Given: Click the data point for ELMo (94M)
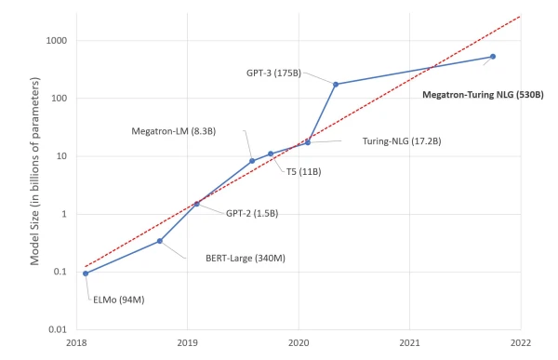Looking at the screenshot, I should [x=86, y=273].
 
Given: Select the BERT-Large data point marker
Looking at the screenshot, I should [x=160, y=241].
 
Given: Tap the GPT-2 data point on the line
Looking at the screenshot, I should [x=196, y=203].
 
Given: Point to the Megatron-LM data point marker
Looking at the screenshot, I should [x=252, y=161].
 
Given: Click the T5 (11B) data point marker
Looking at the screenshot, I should [x=271, y=153].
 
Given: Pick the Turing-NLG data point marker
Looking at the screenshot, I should [x=308, y=142].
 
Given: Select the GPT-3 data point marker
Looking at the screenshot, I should [x=336, y=84].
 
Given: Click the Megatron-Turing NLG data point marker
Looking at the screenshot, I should [x=493, y=57].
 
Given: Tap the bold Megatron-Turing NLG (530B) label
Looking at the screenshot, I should [x=483, y=94].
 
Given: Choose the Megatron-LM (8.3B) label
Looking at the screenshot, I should [x=174, y=131].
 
